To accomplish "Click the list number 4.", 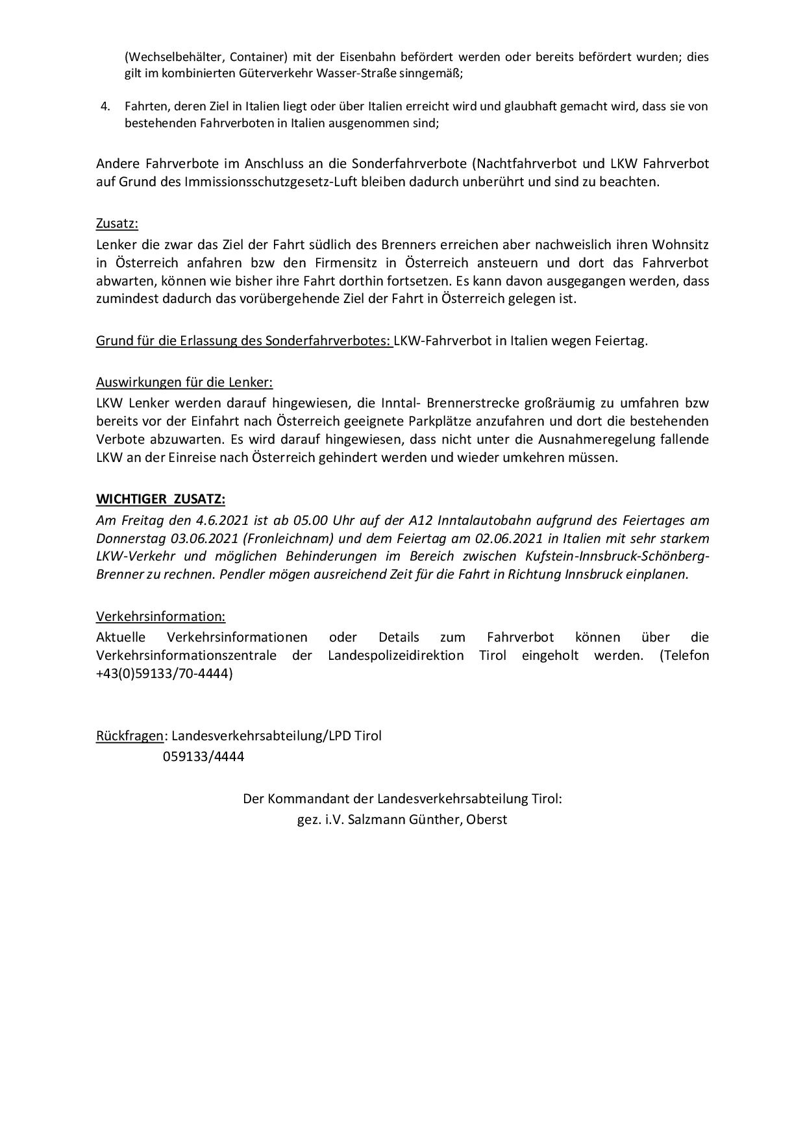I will click(x=105, y=106).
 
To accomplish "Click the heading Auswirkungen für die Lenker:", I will click(x=184, y=382).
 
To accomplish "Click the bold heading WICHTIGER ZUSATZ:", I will click(x=161, y=499).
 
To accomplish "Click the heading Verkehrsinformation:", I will click(x=161, y=616).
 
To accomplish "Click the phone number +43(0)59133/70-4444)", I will click(x=164, y=673).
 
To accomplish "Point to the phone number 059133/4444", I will click(x=204, y=756).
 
